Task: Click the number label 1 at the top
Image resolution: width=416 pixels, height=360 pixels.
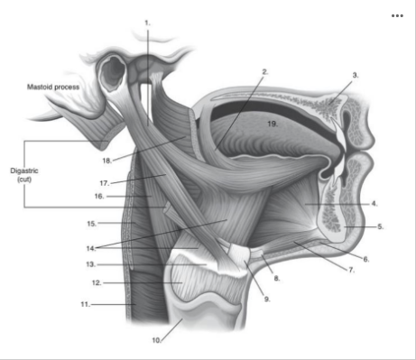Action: pyautogui.click(x=147, y=20)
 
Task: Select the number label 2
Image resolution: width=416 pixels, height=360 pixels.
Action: pyautogui.click(x=265, y=71)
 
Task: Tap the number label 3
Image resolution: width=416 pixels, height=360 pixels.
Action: pyautogui.click(x=356, y=75)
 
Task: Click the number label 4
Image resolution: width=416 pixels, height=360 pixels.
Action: pyautogui.click(x=374, y=204)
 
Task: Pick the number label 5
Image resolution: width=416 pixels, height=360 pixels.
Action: pyautogui.click(x=380, y=226)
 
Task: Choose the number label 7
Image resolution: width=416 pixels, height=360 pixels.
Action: pyautogui.click(x=352, y=269)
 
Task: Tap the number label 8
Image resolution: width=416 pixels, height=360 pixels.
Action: pyautogui.click(x=278, y=278)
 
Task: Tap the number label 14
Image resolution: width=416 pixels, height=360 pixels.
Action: pyautogui.click(x=91, y=247)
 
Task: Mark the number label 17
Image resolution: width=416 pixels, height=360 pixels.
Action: pyautogui.click(x=106, y=182)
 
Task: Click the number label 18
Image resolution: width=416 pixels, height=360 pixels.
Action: pyautogui.click(x=106, y=161)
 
